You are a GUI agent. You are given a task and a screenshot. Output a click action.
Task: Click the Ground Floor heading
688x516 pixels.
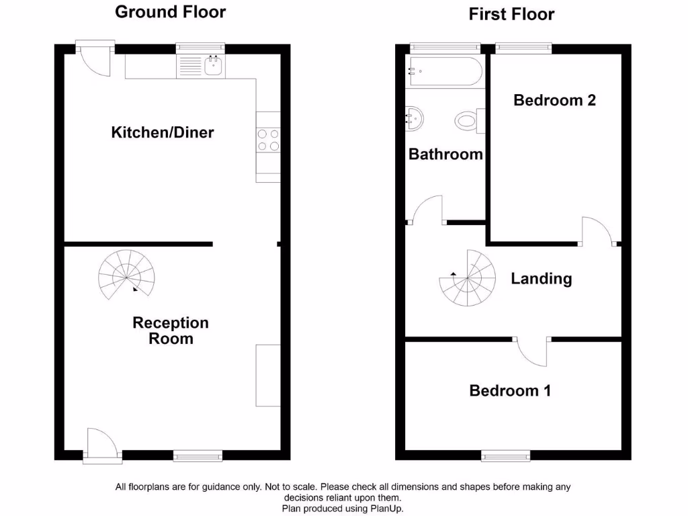click(171, 12)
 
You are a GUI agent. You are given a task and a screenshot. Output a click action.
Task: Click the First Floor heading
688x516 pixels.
click(512, 14)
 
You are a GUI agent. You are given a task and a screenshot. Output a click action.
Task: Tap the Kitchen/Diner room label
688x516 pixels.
click(163, 132)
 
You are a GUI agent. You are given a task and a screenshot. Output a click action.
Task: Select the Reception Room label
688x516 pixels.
click(171, 331)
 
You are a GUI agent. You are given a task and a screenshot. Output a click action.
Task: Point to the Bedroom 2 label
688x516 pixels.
click(554, 100)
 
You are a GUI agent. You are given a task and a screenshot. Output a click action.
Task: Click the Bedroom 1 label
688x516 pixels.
click(510, 390)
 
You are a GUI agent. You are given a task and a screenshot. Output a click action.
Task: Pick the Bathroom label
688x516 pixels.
click(445, 154)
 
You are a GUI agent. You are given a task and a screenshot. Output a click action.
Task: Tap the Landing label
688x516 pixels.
click(541, 278)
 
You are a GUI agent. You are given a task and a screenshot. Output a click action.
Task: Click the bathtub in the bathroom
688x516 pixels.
click(444, 71)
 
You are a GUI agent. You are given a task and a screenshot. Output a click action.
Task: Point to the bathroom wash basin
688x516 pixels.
click(415, 119)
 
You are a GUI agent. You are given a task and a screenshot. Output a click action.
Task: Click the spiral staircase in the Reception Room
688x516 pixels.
click(126, 275)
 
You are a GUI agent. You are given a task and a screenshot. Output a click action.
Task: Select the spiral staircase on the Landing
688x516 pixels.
click(467, 277)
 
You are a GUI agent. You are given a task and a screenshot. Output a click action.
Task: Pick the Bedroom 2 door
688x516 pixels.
click(597, 232)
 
